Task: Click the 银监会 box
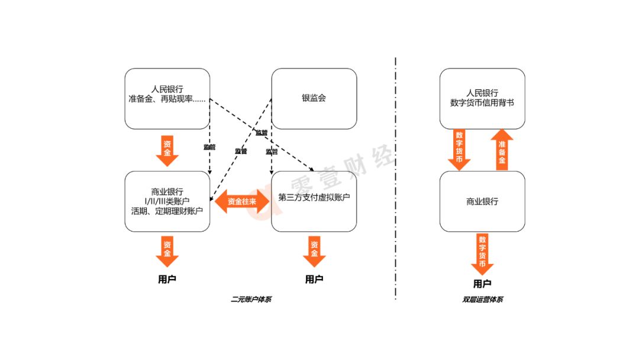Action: [x=314, y=98]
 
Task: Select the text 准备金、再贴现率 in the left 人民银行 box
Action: [x=167, y=99]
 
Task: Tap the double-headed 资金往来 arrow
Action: [x=241, y=201]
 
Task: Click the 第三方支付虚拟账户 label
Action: [x=314, y=197]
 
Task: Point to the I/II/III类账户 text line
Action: [x=167, y=201]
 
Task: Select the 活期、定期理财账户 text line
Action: [x=167, y=211]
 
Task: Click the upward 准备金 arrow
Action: [x=502, y=150]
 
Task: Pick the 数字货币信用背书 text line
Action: [x=482, y=102]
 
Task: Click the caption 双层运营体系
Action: [x=482, y=300]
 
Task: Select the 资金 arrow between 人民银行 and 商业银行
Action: [x=167, y=150]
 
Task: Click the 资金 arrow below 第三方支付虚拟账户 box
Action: [x=314, y=251]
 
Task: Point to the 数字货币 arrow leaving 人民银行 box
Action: [x=459, y=150]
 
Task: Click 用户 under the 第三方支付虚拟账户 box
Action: [x=314, y=279]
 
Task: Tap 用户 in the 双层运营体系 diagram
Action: [x=482, y=284]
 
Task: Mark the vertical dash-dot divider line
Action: [x=395, y=178]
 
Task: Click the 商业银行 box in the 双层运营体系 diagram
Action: [x=482, y=201]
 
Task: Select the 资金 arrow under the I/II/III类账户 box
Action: [x=167, y=251]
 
